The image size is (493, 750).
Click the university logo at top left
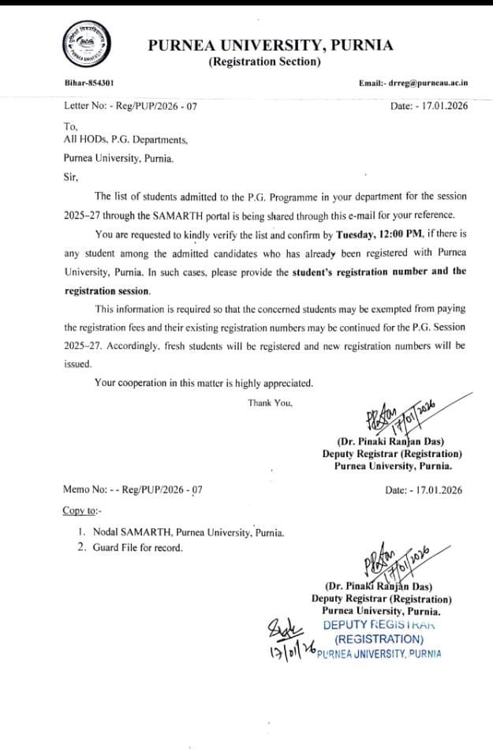(82, 44)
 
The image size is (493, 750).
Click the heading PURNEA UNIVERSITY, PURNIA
(271, 46)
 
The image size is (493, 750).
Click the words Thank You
(271, 403)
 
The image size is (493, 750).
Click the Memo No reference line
(133, 489)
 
